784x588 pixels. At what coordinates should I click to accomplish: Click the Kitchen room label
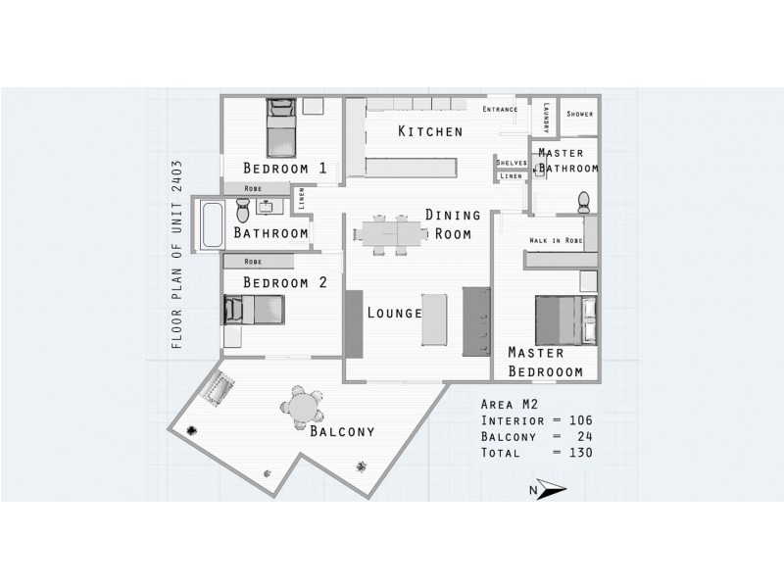tap(430, 131)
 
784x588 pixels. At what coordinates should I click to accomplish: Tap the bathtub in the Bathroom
tap(212, 224)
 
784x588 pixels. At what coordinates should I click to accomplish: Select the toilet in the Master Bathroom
tap(583, 202)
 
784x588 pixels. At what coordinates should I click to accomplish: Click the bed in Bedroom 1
tap(281, 127)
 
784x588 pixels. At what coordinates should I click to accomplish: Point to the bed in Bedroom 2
tap(255, 310)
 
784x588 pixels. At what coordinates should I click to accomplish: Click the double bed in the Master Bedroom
tap(566, 320)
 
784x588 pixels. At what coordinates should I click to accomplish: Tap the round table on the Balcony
tap(302, 407)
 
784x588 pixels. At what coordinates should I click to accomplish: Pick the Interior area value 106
tap(580, 420)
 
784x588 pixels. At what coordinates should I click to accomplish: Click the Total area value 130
tap(580, 453)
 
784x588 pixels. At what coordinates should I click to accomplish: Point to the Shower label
tap(579, 114)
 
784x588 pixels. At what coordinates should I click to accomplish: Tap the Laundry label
tap(546, 118)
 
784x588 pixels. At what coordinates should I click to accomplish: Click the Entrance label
tap(500, 109)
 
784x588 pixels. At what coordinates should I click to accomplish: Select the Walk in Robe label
tap(556, 240)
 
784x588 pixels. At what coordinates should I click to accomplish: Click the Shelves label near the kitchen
tap(512, 163)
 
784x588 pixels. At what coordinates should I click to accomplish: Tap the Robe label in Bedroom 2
tap(253, 262)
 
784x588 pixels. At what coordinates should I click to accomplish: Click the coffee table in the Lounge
tap(434, 319)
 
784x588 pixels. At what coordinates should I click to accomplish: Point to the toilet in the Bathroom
tap(243, 210)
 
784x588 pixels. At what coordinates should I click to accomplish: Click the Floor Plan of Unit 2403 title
tap(177, 255)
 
